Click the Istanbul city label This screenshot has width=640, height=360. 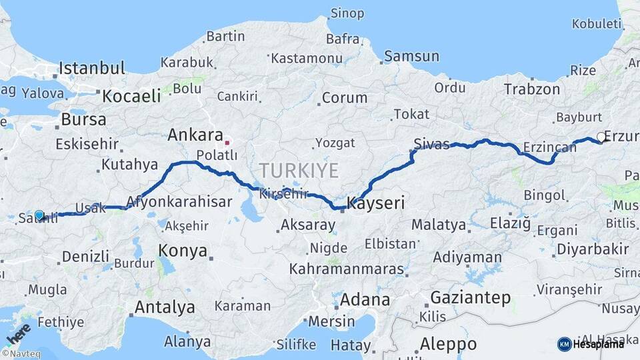(x=92, y=68)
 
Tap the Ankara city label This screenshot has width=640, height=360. (x=195, y=135)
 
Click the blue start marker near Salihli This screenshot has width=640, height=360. (x=39, y=215)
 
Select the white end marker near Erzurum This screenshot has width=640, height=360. (x=601, y=137)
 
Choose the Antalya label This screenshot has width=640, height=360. (x=165, y=307)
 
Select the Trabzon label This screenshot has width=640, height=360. (x=532, y=89)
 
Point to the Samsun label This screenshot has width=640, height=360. (x=411, y=57)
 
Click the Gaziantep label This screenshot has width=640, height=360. (x=470, y=297)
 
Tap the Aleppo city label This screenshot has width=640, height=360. (x=448, y=344)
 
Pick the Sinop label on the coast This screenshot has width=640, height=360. (x=347, y=13)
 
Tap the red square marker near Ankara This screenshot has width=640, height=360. (x=227, y=142)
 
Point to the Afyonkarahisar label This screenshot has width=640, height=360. (x=179, y=201)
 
